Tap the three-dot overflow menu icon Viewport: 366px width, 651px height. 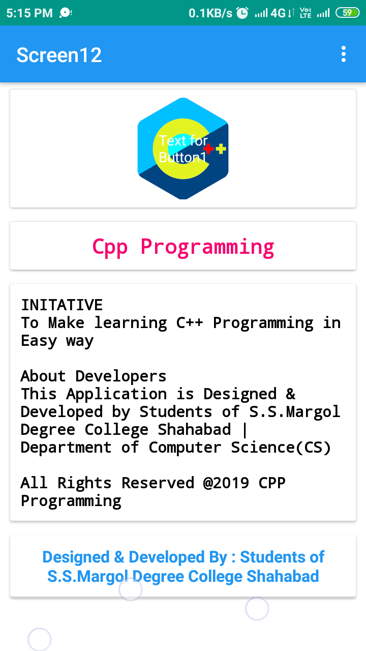click(344, 54)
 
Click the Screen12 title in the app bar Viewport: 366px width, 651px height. click(59, 55)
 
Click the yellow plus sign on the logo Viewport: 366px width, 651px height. click(221, 149)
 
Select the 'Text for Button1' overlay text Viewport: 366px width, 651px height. click(183, 149)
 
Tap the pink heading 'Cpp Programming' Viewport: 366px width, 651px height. click(183, 247)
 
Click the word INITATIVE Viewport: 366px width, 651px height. click(62, 305)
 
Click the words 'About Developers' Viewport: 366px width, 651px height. click(94, 376)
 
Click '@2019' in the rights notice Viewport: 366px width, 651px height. click(226, 483)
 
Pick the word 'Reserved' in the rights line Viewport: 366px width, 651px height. click(158, 483)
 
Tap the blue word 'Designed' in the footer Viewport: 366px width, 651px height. click(76, 557)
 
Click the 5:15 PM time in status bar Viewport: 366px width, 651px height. click(29, 13)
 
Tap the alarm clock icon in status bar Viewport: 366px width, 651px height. click(242, 13)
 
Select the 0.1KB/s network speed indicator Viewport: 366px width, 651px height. click(210, 13)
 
